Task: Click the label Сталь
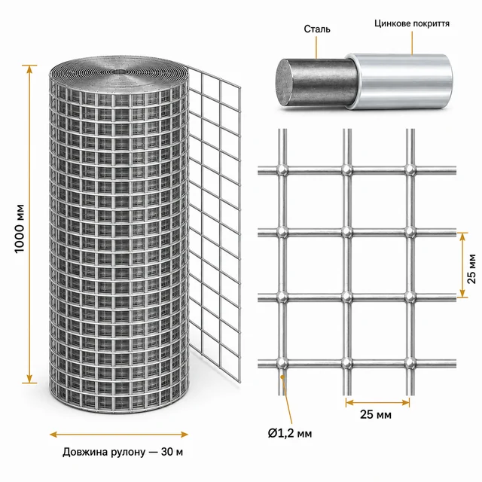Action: click(x=317, y=29)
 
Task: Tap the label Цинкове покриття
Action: click(x=412, y=23)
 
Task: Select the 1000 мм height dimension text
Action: click(x=20, y=229)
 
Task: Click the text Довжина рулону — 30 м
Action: click(x=123, y=452)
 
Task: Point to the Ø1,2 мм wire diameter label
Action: click(x=290, y=433)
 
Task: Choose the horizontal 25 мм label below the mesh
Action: click(x=376, y=414)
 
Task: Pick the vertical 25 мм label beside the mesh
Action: click(x=471, y=269)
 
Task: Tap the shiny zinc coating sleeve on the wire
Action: click(x=400, y=81)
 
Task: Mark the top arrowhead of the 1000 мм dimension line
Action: click(x=29, y=69)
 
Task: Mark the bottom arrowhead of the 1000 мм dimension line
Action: click(x=29, y=379)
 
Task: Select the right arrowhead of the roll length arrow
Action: click(x=184, y=435)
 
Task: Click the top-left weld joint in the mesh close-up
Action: click(x=282, y=170)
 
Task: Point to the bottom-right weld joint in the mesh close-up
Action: click(x=410, y=363)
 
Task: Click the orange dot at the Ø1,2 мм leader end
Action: click(x=282, y=376)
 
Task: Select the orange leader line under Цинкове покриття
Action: click(x=412, y=43)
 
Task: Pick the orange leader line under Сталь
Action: click(x=316, y=47)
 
